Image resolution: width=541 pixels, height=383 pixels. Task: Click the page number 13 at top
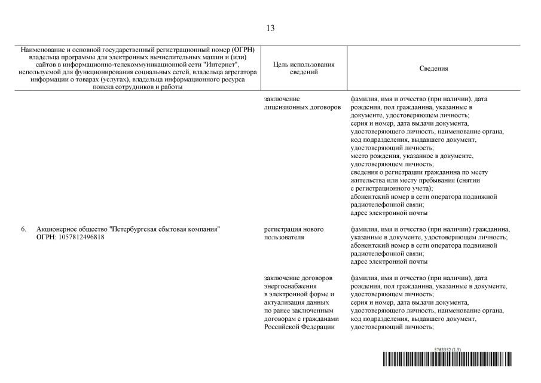(x=270, y=28)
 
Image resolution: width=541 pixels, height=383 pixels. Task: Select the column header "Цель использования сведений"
(x=303, y=68)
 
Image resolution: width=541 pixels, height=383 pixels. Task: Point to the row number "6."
(x=24, y=229)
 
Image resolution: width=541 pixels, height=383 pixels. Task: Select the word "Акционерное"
(x=57, y=229)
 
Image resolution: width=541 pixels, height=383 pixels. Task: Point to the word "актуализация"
(x=285, y=303)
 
